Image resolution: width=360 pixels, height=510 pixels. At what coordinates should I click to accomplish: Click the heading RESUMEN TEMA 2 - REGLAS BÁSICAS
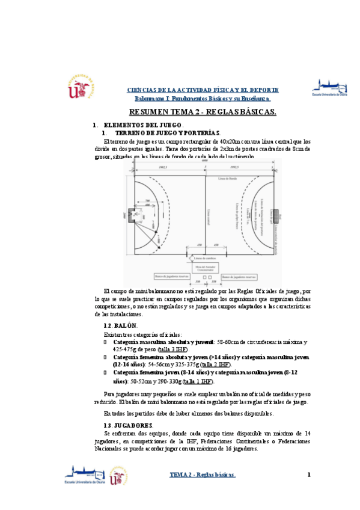tap(203, 112)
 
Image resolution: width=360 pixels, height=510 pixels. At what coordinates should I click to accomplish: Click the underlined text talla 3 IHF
tap(173, 349)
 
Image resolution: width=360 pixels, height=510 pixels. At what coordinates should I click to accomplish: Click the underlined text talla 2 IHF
tap(215, 364)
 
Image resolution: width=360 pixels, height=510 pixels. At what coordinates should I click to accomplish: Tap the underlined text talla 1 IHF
tap(198, 381)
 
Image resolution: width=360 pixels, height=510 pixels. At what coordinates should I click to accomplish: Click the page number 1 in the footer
tap(309, 475)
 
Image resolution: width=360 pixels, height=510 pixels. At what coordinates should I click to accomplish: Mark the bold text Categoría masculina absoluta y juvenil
tap(164, 341)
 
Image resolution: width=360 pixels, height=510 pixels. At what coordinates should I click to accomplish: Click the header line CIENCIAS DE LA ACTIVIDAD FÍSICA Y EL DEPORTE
tap(203, 89)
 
